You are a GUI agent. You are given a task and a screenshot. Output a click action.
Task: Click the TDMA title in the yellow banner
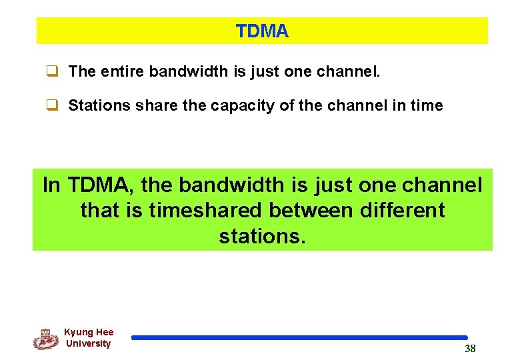point(262,31)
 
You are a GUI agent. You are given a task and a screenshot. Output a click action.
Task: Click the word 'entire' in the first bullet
point(123,71)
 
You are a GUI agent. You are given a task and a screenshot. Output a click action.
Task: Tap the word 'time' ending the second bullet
point(424,105)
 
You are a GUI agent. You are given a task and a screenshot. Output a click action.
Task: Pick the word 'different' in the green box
point(403,210)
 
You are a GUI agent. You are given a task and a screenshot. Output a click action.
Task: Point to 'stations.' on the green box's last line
point(262,236)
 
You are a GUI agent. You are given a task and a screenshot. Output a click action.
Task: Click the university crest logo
point(45,339)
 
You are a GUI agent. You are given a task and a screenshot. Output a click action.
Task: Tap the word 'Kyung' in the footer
point(78,332)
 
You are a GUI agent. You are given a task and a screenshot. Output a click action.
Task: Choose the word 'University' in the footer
point(88,343)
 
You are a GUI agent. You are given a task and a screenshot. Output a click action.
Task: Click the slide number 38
point(470,349)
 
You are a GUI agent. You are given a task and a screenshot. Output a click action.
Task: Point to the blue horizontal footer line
point(299,338)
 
